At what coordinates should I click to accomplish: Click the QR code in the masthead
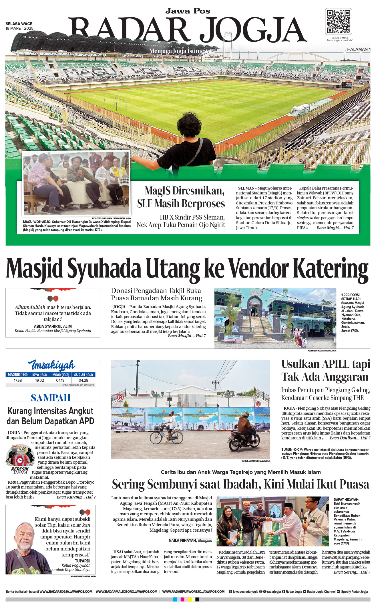339,22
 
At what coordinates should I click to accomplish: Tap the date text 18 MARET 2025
19,28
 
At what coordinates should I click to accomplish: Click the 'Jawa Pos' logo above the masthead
188,11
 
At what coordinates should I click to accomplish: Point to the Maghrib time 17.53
18,380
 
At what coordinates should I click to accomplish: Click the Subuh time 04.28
83,380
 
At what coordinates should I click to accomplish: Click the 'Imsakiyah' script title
51,365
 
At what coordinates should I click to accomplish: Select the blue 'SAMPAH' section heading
51,398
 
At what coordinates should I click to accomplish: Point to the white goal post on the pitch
120,102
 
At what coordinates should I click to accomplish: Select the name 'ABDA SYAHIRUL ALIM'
53,326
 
